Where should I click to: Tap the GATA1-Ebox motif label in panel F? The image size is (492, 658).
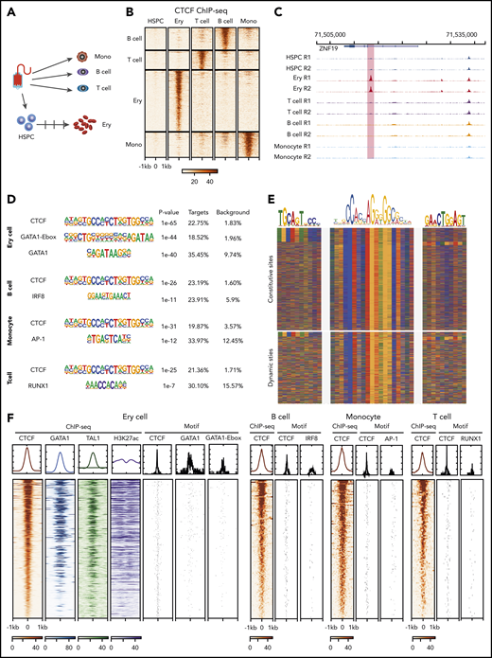[x=220, y=409]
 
